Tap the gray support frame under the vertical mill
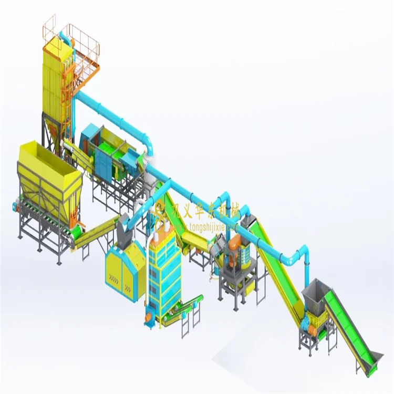click(239, 284)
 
